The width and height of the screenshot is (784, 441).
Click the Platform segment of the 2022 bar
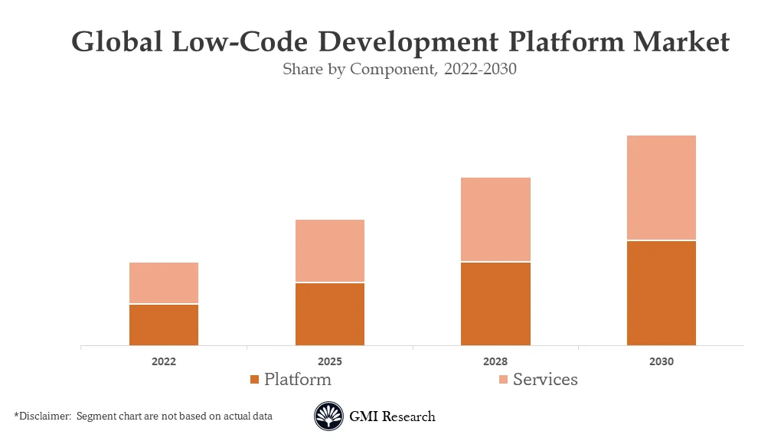(164, 325)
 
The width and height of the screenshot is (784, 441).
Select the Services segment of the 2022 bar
(164, 283)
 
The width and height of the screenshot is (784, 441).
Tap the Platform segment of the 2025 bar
(330, 315)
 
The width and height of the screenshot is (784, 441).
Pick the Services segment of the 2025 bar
(330, 251)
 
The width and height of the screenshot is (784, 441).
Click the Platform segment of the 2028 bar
(495, 304)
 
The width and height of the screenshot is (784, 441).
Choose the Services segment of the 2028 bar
(495, 220)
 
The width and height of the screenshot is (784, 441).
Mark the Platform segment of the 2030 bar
(661, 293)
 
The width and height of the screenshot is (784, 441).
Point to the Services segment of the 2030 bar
(661, 188)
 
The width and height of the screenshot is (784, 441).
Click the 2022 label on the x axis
(164, 361)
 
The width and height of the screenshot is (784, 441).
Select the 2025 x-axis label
(330, 361)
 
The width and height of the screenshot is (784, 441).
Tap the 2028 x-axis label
(495, 361)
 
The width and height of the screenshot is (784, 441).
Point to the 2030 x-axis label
(661, 361)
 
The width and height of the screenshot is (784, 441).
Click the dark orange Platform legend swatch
(255, 380)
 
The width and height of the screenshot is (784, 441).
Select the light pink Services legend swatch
(503, 380)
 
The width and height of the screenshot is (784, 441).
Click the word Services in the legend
(545, 379)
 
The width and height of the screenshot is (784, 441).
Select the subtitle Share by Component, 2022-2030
(400, 69)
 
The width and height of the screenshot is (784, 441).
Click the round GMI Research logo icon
(328, 416)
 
